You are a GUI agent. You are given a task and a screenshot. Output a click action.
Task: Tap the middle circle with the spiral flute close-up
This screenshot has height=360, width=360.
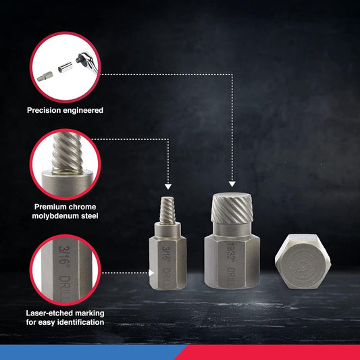tap(65, 164)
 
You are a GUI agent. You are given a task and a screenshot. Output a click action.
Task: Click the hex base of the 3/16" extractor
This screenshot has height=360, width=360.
tap(167, 257)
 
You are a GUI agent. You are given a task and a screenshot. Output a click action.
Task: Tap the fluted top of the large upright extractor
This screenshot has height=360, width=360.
tap(232, 211)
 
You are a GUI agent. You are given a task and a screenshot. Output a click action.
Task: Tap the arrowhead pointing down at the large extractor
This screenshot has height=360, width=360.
tap(232, 182)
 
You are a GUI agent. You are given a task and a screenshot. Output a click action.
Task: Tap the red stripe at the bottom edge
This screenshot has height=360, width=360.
tap(270, 353)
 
